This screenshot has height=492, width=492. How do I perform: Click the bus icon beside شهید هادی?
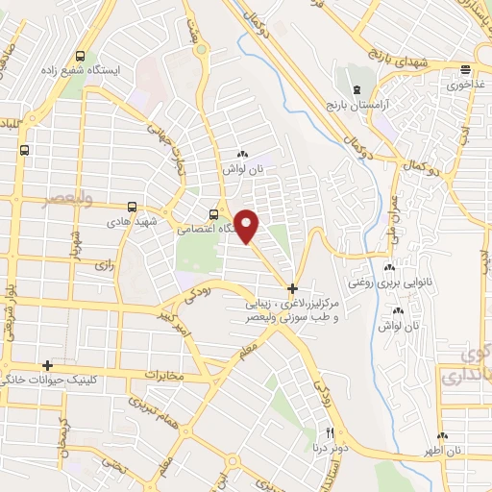(x=133, y=206)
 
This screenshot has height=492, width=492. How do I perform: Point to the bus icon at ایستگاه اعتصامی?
(x=213, y=214)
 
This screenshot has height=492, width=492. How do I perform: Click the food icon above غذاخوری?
(x=465, y=69)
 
